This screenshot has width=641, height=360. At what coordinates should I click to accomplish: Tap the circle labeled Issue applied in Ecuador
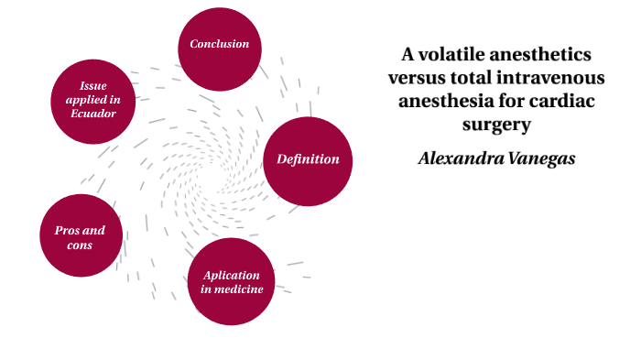click(94, 100)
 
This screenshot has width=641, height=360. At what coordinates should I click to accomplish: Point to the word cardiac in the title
click(563, 102)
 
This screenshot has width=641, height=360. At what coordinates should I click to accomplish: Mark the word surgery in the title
click(498, 125)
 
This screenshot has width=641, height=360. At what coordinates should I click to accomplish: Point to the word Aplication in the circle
click(232, 275)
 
